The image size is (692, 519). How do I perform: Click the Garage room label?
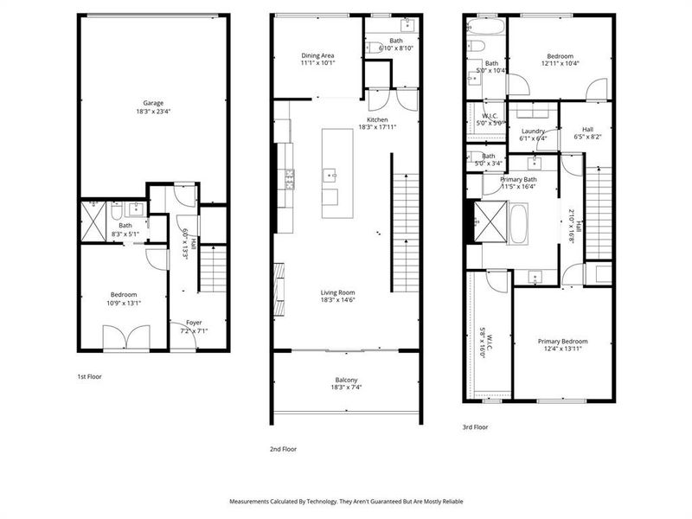point(153,103)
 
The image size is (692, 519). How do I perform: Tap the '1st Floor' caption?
point(91,377)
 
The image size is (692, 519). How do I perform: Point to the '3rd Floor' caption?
point(476,426)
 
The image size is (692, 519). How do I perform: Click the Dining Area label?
point(317,54)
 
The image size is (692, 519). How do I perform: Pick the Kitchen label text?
point(377,119)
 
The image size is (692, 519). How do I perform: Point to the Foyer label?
point(194,323)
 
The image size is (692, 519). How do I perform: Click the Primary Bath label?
point(519,179)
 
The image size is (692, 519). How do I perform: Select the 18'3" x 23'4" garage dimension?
point(153,111)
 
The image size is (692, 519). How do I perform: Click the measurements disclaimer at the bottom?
point(346,501)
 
